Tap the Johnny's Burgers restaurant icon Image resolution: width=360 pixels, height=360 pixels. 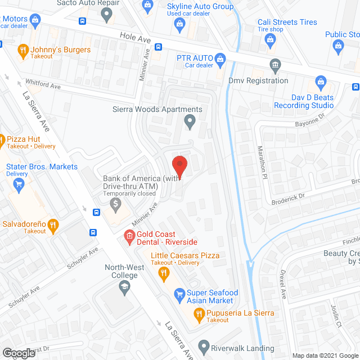[23, 51]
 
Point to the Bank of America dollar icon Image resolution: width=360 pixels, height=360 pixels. [116, 204]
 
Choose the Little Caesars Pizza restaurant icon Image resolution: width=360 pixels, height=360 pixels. [164, 274]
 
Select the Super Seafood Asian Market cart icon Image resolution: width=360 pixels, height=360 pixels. [179, 294]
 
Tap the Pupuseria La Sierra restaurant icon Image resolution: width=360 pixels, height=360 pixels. [198, 317]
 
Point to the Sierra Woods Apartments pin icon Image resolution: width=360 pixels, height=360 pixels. [190, 120]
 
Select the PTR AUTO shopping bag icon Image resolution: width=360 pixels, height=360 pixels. [221, 58]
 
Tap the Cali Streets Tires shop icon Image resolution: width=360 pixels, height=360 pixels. [271, 39]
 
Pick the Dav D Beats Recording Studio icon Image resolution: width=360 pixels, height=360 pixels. [321, 82]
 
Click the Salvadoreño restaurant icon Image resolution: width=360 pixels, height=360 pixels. [53, 226]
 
